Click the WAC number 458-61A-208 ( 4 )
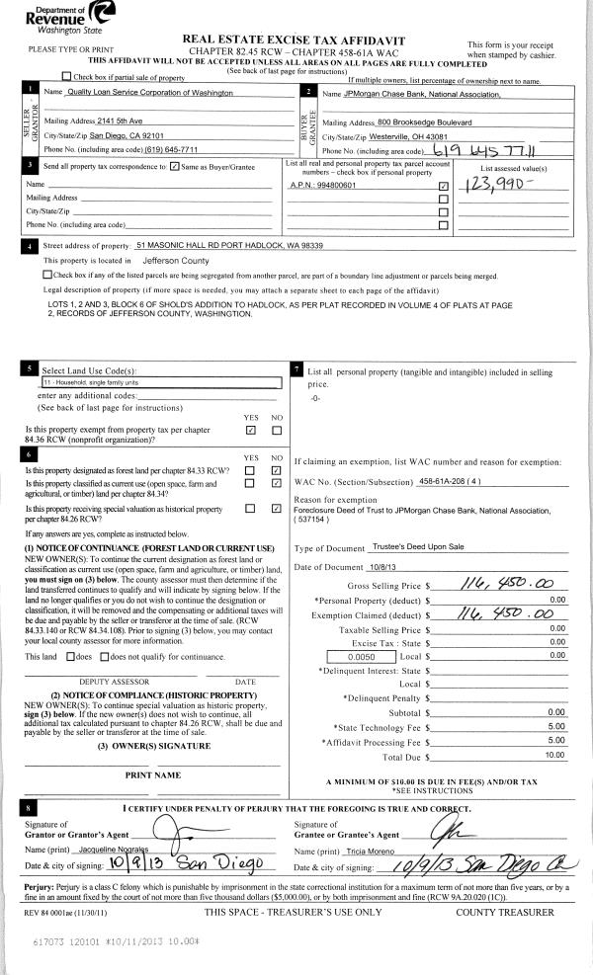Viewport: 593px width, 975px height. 451,480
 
